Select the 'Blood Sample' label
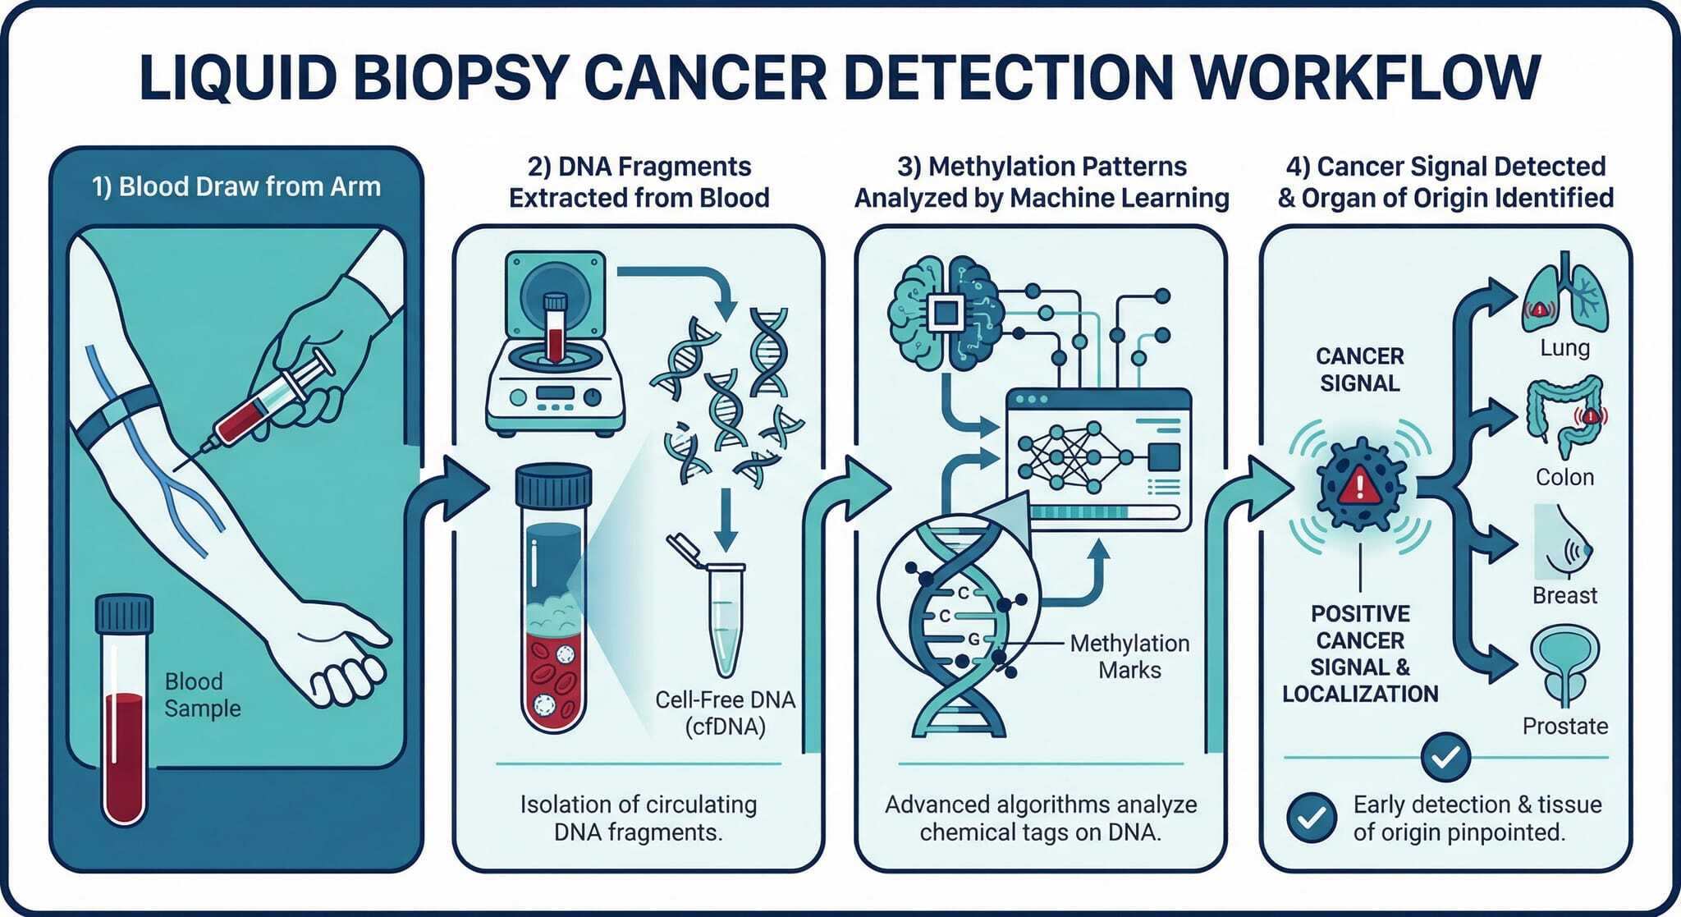203,695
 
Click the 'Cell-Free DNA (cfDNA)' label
726,713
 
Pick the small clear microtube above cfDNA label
716,603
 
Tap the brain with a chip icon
946,313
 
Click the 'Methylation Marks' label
1129,656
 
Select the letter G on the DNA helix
974,639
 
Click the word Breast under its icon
1564,595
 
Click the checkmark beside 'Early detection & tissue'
1312,818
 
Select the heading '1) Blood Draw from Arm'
236,187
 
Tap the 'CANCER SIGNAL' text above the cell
1360,369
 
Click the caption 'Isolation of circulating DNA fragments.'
639,818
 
